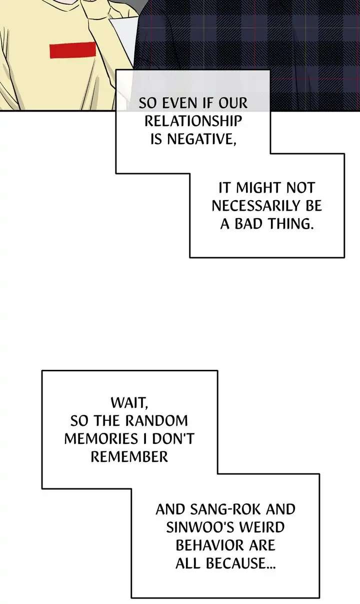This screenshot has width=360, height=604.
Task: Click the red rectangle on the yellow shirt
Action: tap(72, 50)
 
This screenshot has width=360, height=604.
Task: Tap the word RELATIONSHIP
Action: tap(192, 122)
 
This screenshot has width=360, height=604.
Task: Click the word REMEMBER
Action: tap(128, 456)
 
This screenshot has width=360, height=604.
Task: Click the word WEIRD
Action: tap(266, 527)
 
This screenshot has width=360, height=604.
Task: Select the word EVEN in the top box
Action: tap(176, 104)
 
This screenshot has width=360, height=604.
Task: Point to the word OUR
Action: tap(232, 104)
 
